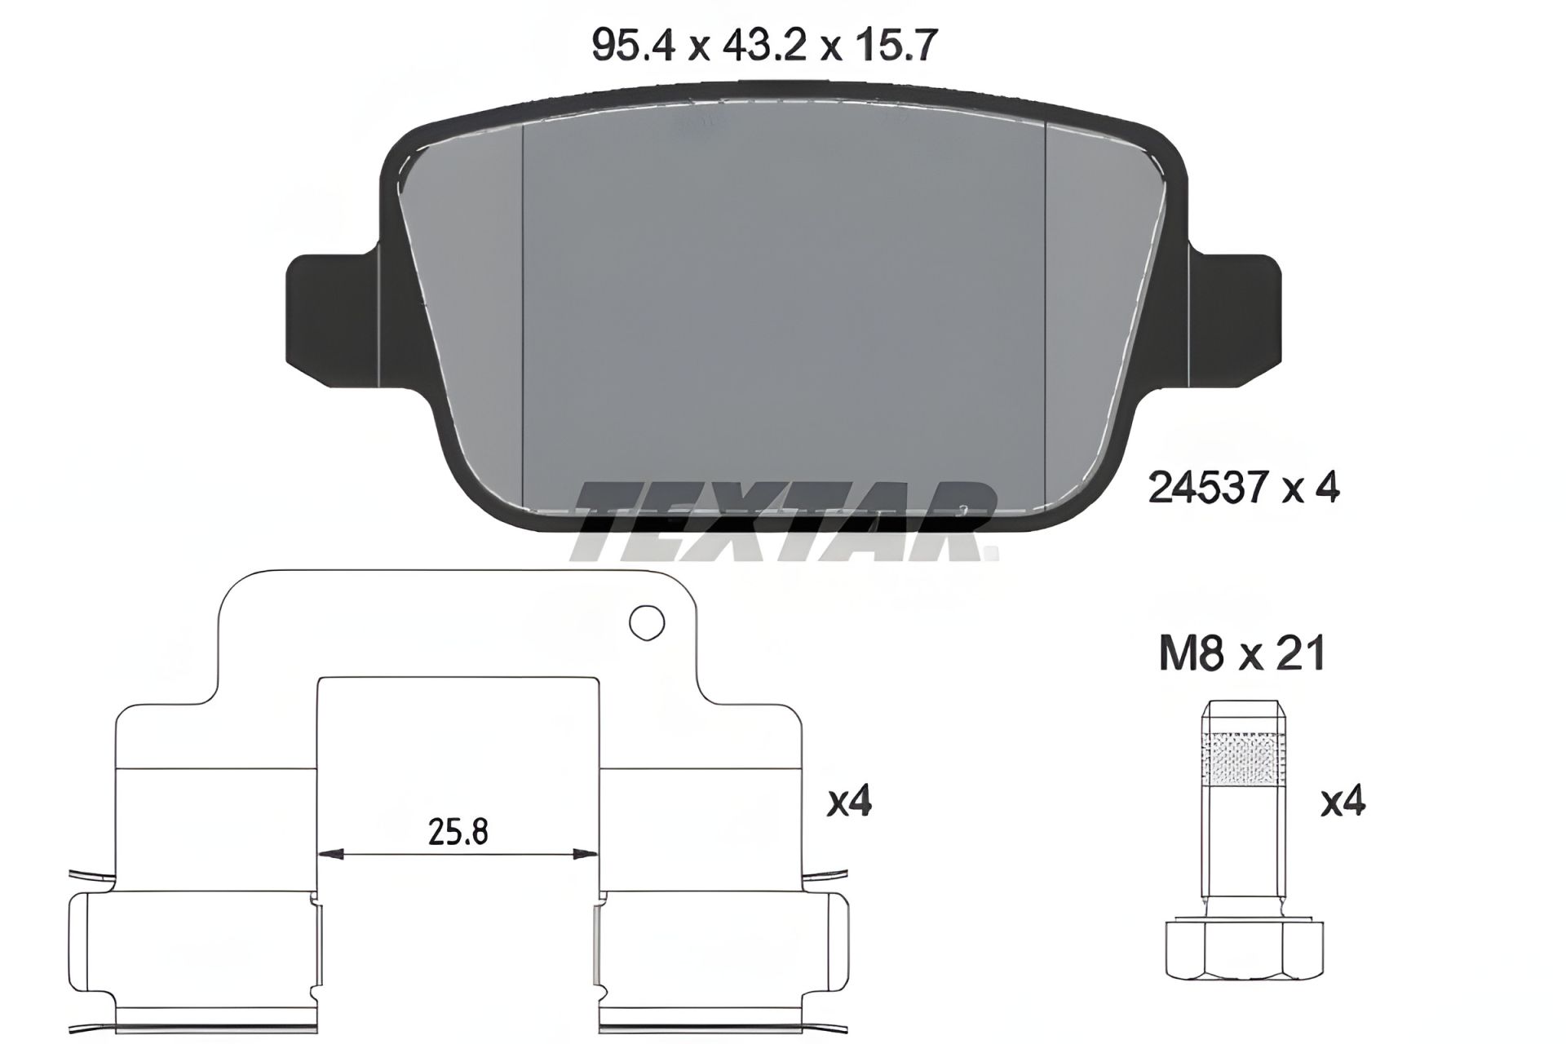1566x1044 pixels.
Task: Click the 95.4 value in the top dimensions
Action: click(634, 45)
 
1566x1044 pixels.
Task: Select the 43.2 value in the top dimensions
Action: click(765, 45)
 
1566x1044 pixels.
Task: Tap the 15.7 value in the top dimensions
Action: click(896, 45)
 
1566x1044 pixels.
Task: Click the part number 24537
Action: click(1209, 488)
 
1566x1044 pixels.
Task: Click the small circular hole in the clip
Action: click(647, 623)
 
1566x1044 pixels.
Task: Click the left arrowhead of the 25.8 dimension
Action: click(330, 855)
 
